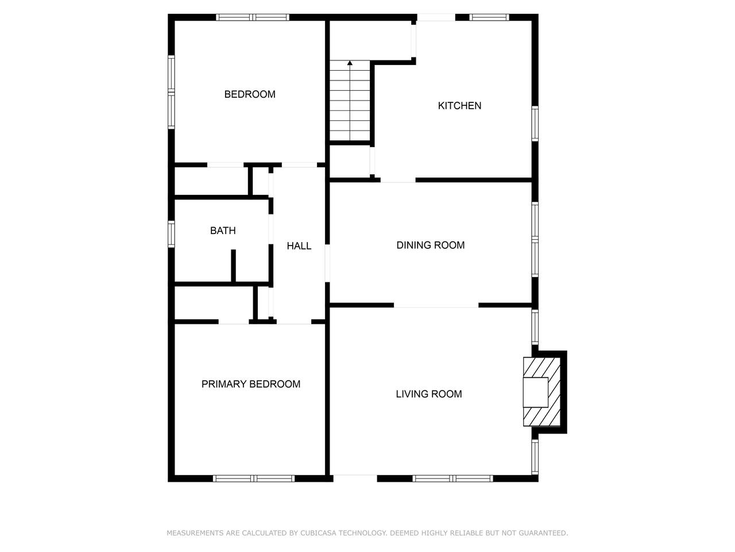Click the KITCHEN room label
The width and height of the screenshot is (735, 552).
coord(459,106)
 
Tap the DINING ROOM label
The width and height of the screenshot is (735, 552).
coord(430,245)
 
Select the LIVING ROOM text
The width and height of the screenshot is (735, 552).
coord(428,394)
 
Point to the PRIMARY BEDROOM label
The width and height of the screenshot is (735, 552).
coord(251,384)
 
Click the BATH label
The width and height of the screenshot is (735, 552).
coord(223,231)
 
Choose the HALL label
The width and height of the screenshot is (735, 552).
coord(299,246)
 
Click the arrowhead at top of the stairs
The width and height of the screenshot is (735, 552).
coord(350,63)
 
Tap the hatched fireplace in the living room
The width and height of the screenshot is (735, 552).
coord(541,392)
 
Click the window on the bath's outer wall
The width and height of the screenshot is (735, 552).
coord(171,234)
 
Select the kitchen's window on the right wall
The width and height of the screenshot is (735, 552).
coord(535,123)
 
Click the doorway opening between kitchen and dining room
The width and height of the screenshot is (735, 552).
coord(398,181)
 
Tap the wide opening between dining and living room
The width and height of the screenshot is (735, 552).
coord(436,305)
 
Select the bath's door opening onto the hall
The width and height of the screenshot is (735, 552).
coord(271,229)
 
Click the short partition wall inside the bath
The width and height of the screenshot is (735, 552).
coord(233,266)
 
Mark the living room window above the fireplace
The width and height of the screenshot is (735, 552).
coord(535,327)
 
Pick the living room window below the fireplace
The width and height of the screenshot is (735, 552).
coord(535,457)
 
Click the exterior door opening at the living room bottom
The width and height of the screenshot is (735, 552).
coord(355,478)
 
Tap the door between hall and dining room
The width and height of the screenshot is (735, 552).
coord(327,263)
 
